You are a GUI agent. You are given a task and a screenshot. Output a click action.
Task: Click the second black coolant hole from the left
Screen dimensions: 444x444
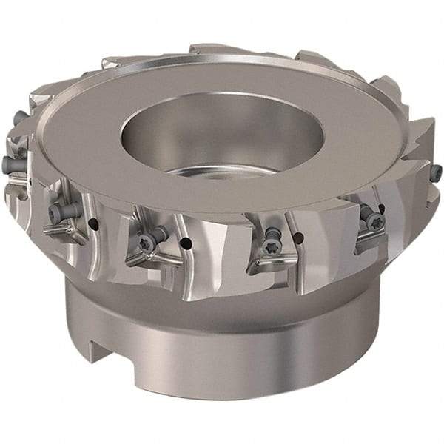click(x=186, y=243)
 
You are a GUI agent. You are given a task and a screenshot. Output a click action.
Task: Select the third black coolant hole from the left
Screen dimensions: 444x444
click(x=298, y=238)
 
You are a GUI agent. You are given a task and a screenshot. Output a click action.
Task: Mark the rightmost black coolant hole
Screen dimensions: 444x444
click(x=381, y=209)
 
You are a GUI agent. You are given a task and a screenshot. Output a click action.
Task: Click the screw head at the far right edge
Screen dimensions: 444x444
click(x=437, y=172)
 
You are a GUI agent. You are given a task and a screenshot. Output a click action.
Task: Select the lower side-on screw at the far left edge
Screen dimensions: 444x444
click(x=9, y=164)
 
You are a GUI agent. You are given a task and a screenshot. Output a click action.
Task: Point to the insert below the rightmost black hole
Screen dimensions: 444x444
click(x=370, y=237)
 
